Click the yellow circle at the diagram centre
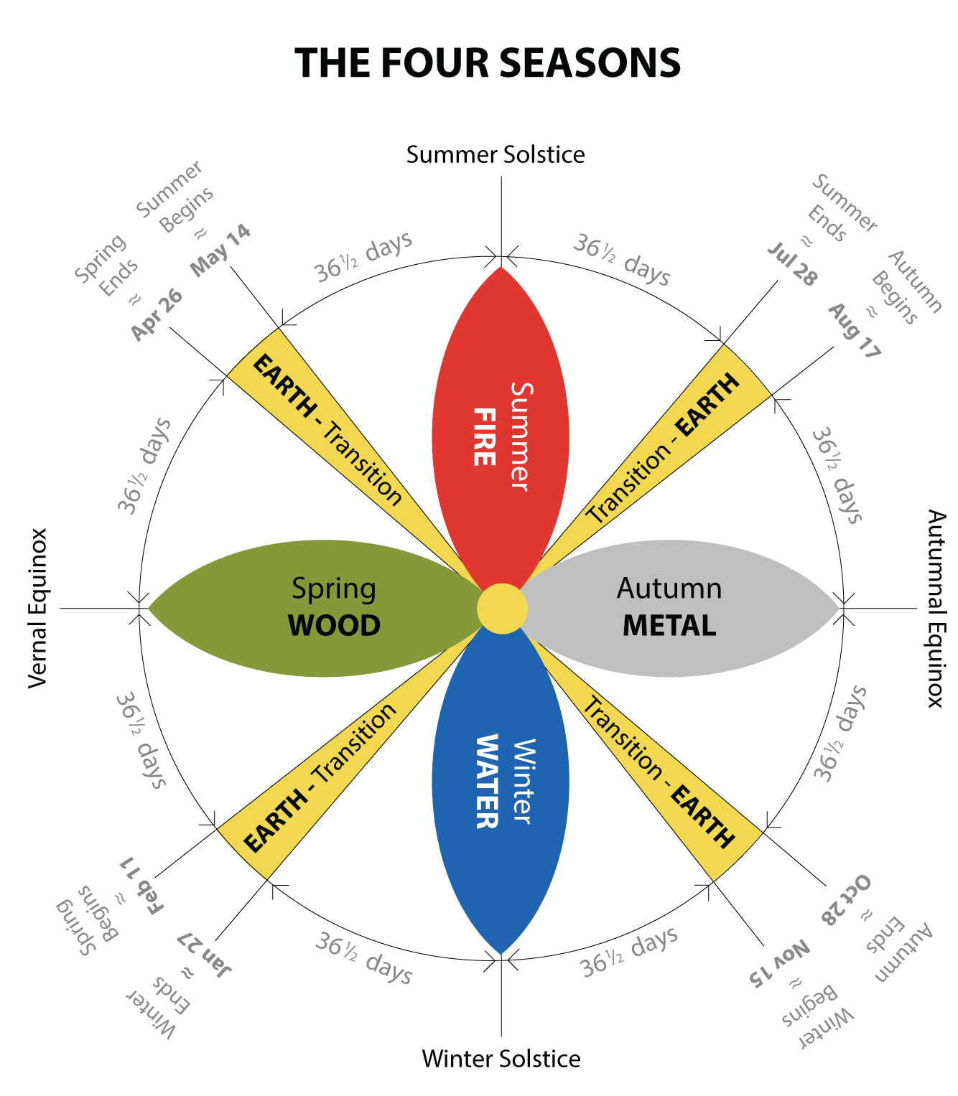tap(502, 609)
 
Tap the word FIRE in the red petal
tap(485, 437)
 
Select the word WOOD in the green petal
tap(334, 626)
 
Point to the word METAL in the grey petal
tap(669, 626)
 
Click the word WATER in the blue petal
tap(487, 781)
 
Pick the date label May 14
tap(220, 250)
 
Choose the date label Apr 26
tap(157, 315)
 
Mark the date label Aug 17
tap(854, 331)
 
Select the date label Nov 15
tap(780, 962)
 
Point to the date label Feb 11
tap(141, 885)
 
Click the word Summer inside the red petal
tap(521, 436)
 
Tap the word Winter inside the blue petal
tap(522, 781)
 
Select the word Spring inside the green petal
tap(334, 589)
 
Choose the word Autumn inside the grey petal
tap(669, 589)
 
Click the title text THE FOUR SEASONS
tap(488, 63)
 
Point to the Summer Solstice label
tap(496, 154)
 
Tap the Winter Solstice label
tap(501, 1059)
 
